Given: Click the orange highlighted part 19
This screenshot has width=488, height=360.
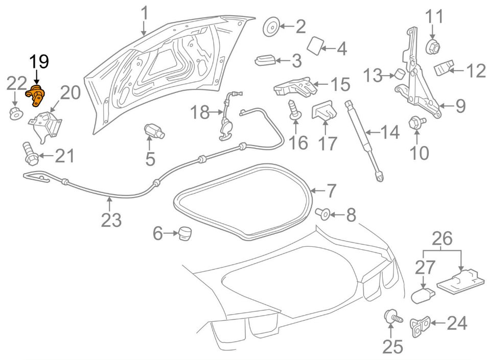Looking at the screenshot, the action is pyautogui.click(x=35, y=95).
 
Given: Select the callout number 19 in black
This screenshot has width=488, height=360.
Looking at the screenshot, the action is pyautogui.click(x=39, y=62).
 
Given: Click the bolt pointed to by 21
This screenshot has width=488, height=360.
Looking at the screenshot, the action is pyautogui.click(x=30, y=153).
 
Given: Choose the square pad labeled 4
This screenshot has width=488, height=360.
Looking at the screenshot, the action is pyautogui.click(x=315, y=45).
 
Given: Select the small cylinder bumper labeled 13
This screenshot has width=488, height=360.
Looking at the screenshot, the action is pyautogui.click(x=400, y=75).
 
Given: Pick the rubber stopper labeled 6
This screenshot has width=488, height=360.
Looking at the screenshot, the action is pyautogui.click(x=184, y=233).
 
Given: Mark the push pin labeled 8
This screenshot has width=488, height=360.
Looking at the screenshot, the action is pyautogui.click(x=323, y=213).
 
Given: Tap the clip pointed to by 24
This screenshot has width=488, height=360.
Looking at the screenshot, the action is pyautogui.click(x=421, y=327).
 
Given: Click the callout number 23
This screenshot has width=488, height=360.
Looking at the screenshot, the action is pyautogui.click(x=111, y=220).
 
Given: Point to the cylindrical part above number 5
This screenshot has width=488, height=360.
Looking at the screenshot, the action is pyautogui.click(x=154, y=131).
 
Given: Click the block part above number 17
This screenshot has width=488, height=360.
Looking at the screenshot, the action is pyautogui.click(x=324, y=111).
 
